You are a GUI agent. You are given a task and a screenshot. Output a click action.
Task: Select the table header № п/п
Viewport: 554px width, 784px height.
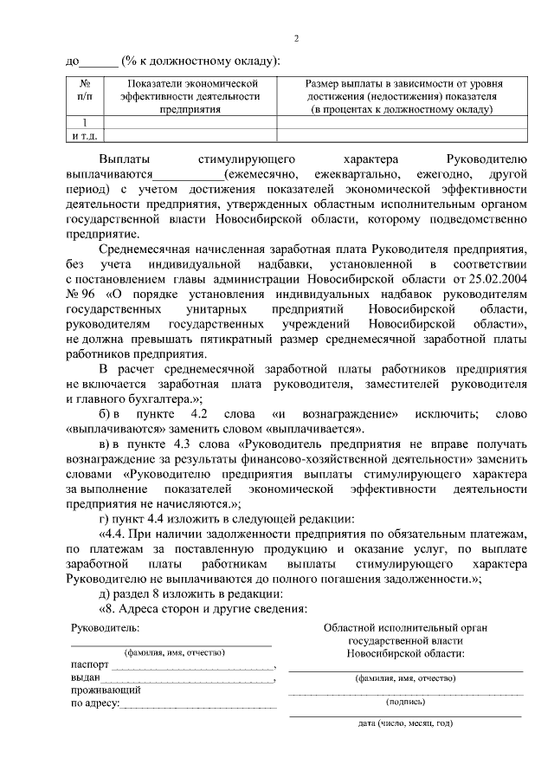pyautogui.click(x=85, y=91)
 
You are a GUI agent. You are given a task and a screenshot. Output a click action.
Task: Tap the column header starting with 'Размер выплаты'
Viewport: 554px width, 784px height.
pyautogui.click(x=403, y=95)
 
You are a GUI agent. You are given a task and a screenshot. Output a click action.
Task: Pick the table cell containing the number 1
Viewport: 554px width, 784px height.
pyautogui.click(x=85, y=122)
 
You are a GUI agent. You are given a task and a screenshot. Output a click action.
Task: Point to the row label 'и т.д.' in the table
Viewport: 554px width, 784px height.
pyautogui.click(x=85, y=135)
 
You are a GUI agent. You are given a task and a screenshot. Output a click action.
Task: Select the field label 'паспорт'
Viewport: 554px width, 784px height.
pyautogui.click(x=90, y=665)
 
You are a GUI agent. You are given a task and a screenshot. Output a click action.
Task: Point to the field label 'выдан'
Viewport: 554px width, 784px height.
pyautogui.click(x=86, y=678)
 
